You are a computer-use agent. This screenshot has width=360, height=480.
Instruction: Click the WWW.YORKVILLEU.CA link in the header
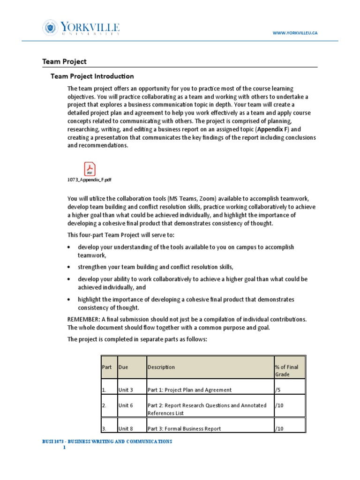tap(295, 33)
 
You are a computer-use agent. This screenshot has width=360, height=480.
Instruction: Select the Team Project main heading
tap(64, 61)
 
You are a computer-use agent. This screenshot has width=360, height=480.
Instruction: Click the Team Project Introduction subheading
tap(92, 76)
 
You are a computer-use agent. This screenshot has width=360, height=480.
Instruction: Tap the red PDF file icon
tap(89, 168)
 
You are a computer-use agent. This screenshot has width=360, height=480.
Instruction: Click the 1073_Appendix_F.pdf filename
tap(90, 180)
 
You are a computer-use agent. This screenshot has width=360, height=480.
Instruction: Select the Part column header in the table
tap(107, 367)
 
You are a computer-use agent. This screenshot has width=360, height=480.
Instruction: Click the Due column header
tap(123, 367)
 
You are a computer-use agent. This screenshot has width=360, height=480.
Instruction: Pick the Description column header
tap(161, 367)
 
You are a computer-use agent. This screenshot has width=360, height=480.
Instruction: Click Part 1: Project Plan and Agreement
tap(189, 390)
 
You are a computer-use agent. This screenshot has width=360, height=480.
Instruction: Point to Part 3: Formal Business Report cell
tap(184, 428)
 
